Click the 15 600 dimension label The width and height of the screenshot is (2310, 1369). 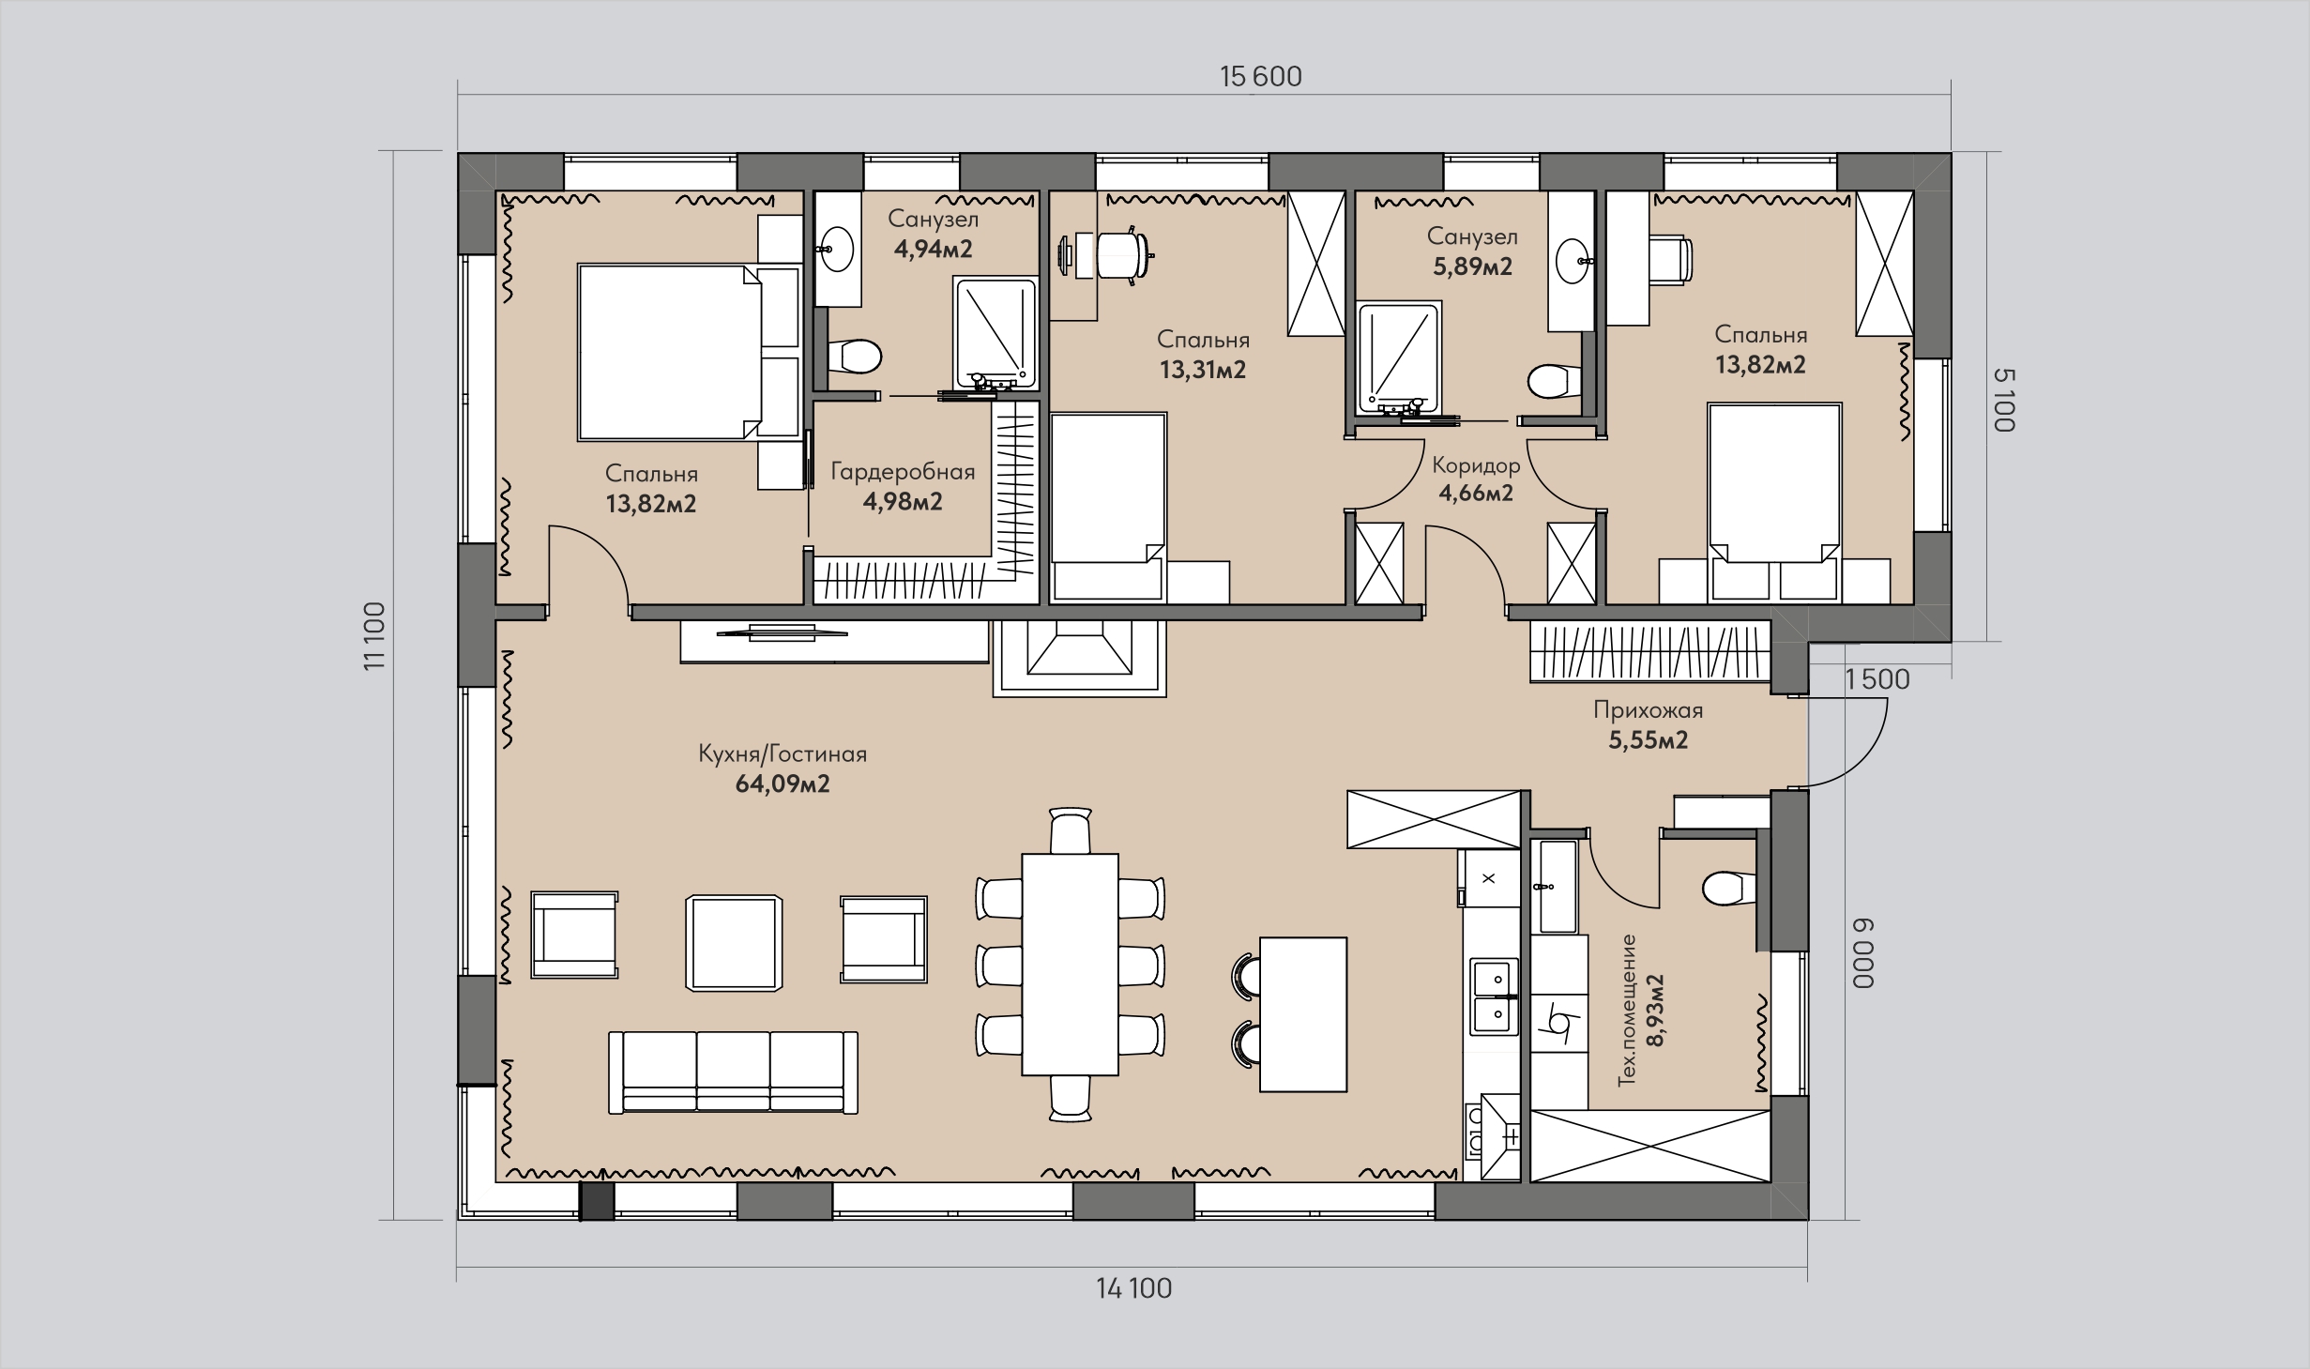[x=1260, y=77]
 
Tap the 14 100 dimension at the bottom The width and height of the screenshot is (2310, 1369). [x=1134, y=1288]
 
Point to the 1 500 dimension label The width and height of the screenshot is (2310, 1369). [x=1877, y=679]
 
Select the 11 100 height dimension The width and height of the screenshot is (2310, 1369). [x=374, y=635]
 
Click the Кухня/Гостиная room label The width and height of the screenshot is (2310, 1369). [x=783, y=754]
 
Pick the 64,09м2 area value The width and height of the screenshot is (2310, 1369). [x=783, y=783]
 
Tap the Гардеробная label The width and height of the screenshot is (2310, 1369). [x=903, y=472]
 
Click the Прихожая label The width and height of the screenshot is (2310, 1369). [x=1648, y=710]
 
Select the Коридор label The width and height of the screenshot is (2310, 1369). [x=1476, y=465]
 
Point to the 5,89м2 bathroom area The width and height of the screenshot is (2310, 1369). [x=1472, y=266]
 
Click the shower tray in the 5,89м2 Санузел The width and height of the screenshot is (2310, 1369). [x=1398, y=357]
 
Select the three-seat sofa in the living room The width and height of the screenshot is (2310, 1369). [x=733, y=1072]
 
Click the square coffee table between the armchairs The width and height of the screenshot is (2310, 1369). [x=734, y=942]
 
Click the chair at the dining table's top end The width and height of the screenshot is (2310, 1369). [x=1071, y=830]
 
